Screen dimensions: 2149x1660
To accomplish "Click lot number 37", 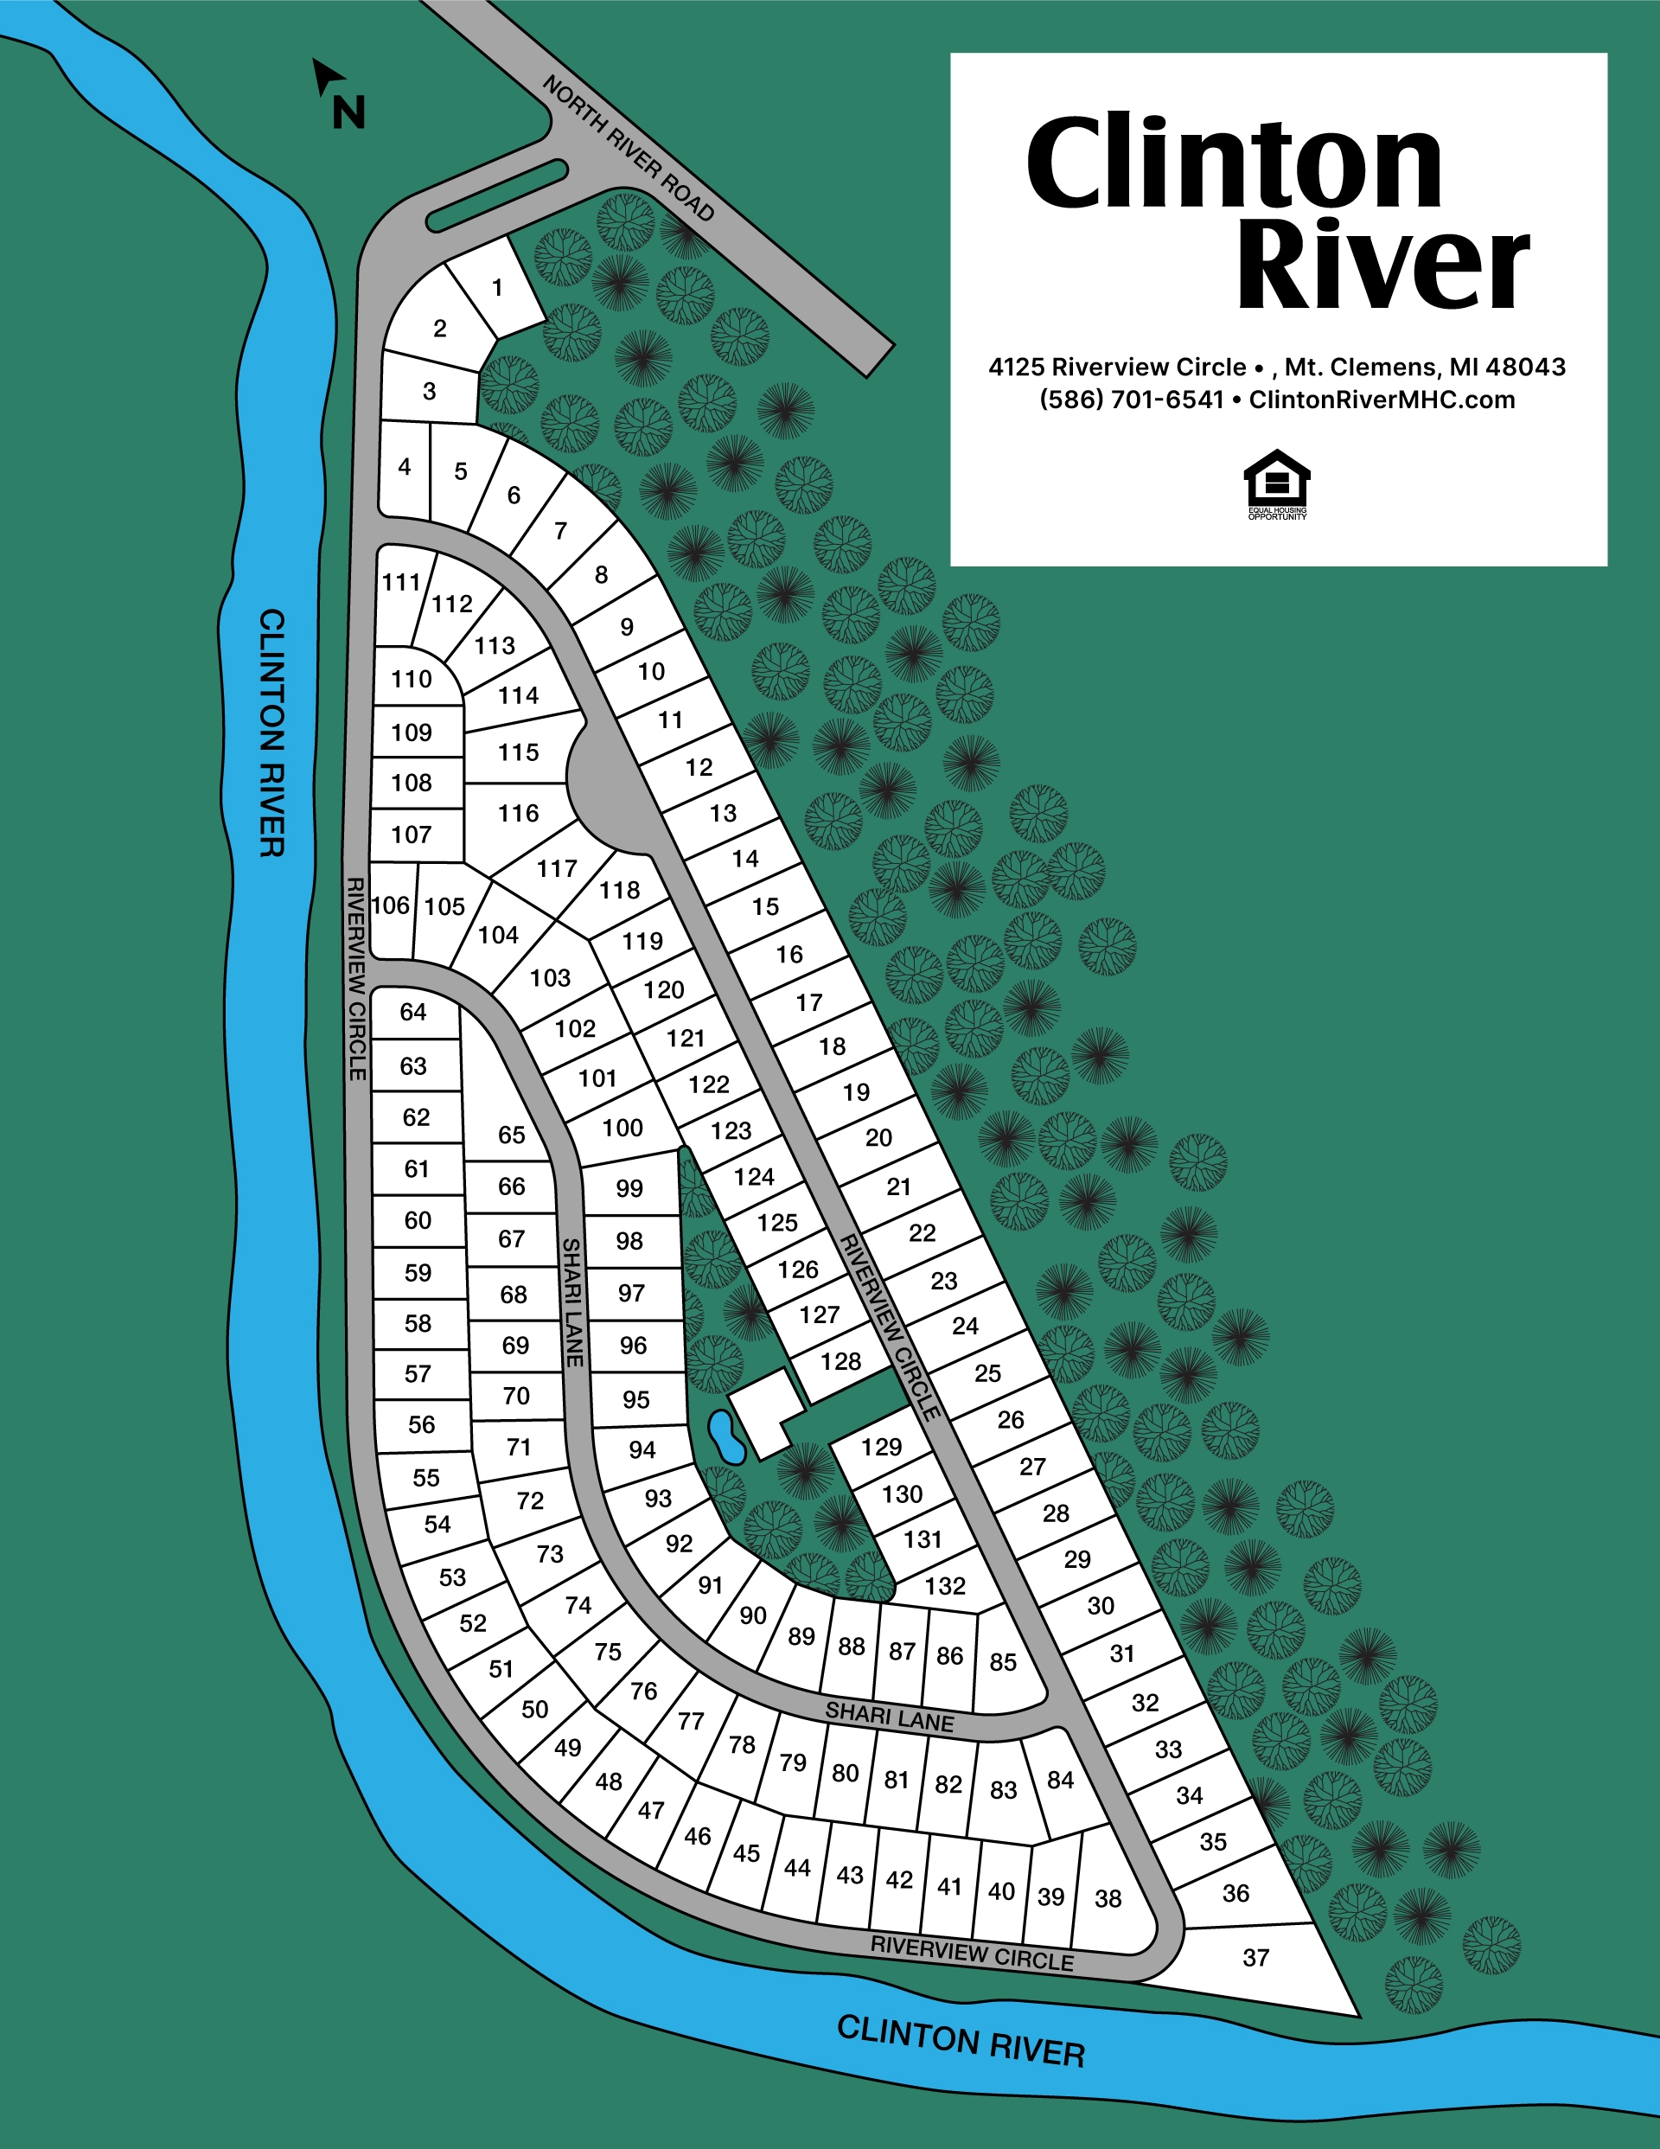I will (x=1255, y=1957).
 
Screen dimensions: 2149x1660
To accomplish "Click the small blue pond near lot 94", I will (x=726, y=1436).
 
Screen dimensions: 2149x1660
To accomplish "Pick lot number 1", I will (x=498, y=287).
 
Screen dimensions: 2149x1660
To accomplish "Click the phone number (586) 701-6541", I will (x=1131, y=400).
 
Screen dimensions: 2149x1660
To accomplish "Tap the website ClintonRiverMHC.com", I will (x=1382, y=400).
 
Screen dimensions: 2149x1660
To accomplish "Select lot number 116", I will (x=519, y=814).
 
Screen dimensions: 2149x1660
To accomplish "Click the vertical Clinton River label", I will (x=271, y=732).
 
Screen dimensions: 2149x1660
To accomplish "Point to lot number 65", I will (x=512, y=1135).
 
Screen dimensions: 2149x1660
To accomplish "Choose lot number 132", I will (x=945, y=1585).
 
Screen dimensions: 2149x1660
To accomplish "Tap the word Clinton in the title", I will (x=1234, y=163).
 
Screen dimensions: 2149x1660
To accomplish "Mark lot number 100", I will (x=622, y=1128).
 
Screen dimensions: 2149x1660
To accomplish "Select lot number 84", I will (x=1060, y=1779).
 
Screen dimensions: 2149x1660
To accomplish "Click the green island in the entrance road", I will (x=497, y=195).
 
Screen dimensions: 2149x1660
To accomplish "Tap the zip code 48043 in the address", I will (x=1525, y=367).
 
